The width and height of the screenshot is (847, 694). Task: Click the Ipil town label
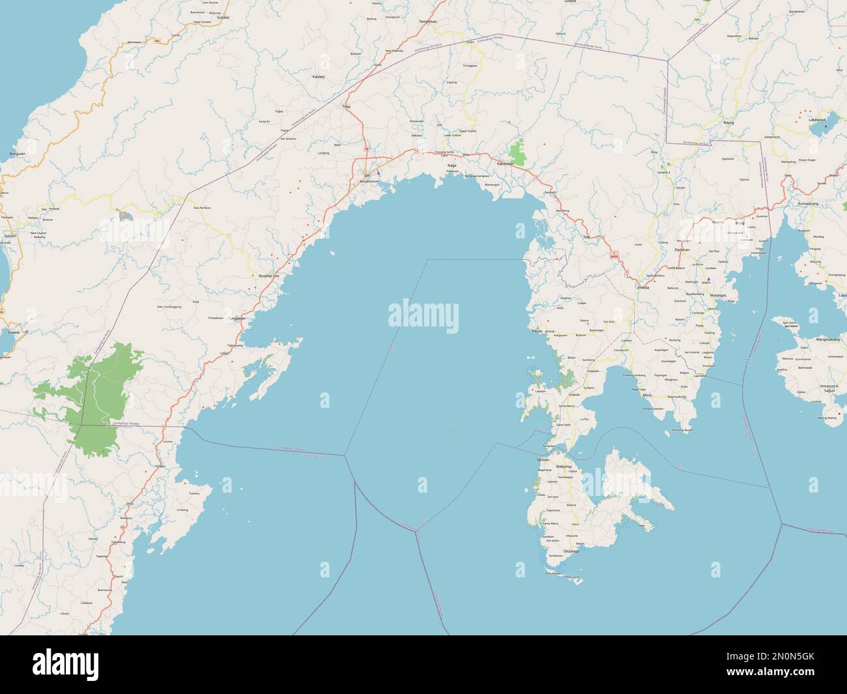[367, 175]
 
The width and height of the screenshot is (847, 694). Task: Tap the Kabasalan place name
[505, 164]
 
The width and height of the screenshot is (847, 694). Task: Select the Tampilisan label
[427, 22]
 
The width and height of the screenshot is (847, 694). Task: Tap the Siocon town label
[10, 235]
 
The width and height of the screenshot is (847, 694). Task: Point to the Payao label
[537, 331]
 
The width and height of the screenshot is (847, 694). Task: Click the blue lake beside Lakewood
[818, 128]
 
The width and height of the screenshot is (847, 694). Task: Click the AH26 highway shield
[614, 255]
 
